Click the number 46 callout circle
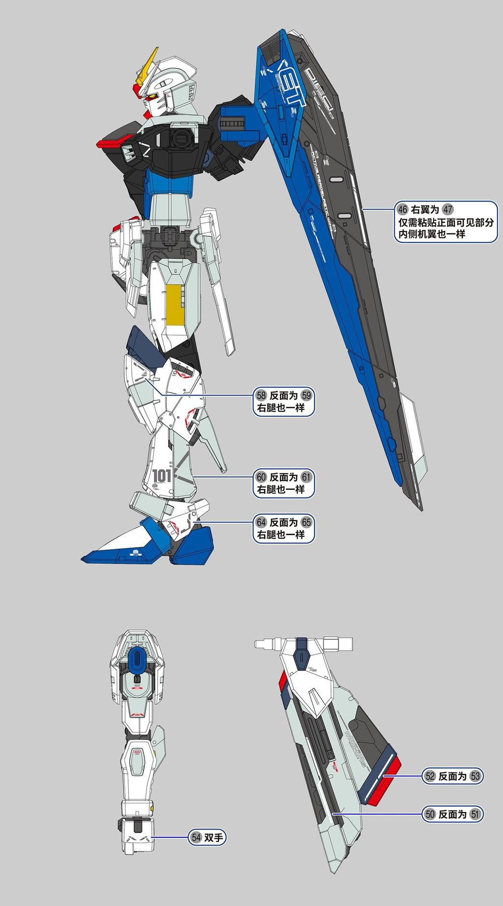[x=403, y=210]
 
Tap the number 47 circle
[x=447, y=210]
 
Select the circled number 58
[x=261, y=396]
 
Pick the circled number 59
[x=307, y=396]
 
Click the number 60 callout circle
[x=261, y=477]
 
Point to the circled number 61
[x=307, y=477]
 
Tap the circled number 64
[x=261, y=522]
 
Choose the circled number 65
[x=307, y=522]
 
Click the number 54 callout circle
[x=196, y=837]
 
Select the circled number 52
[x=430, y=776]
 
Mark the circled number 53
[x=475, y=776]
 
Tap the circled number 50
[x=430, y=814]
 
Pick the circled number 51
[x=475, y=814]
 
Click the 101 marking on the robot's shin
[x=162, y=476]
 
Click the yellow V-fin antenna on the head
[x=148, y=64]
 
